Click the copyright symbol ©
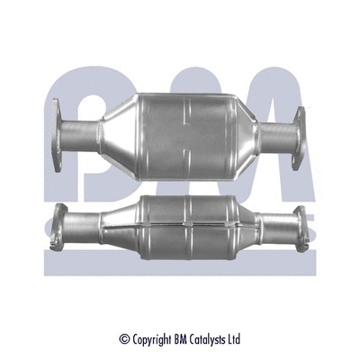[x=124, y=339]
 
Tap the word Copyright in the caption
[x=154, y=339]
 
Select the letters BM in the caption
[x=184, y=339]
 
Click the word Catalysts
[x=212, y=339]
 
